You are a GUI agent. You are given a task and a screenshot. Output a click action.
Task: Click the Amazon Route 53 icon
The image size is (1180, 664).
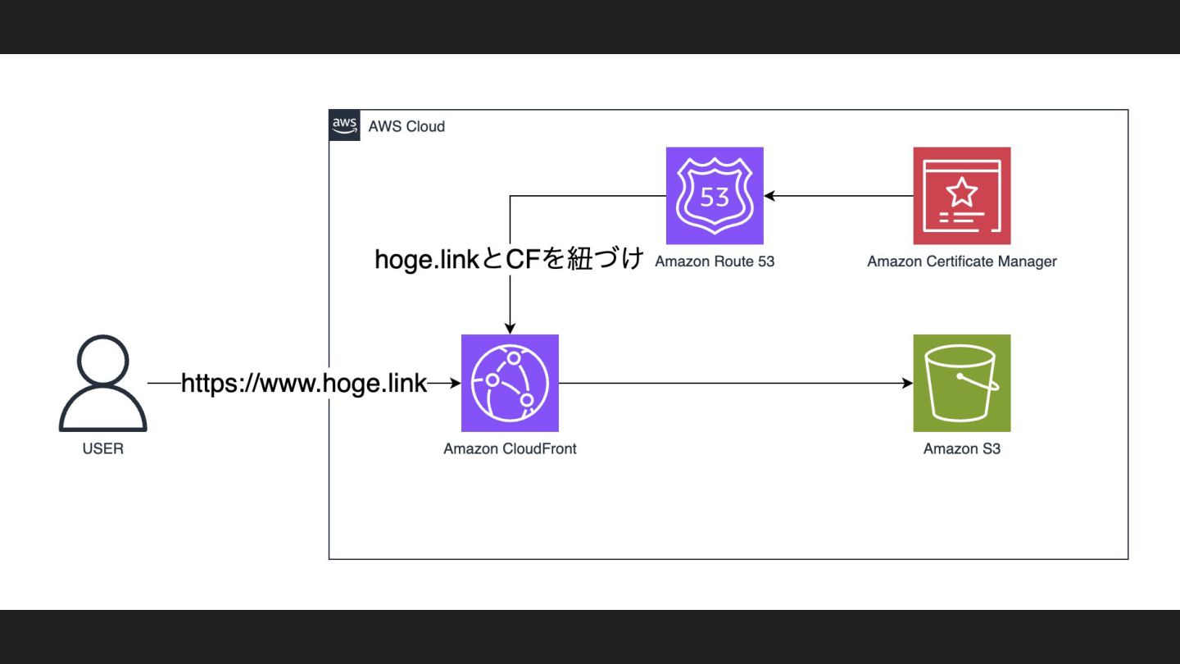pos(715,196)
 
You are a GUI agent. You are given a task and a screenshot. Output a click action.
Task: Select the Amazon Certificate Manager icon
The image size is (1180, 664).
pos(962,196)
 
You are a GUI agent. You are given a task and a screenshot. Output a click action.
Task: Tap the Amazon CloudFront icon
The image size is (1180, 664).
pos(510,383)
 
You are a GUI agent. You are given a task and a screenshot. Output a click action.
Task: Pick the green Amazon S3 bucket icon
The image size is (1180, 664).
pos(962,383)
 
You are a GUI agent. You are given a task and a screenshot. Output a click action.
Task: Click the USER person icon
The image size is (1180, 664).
pos(103,384)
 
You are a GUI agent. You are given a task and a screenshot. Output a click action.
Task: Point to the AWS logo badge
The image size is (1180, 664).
pos(345,125)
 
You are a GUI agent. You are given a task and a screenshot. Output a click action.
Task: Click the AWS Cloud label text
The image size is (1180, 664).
pos(406,126)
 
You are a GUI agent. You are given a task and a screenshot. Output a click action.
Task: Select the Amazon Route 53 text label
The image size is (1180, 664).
pos(715,262)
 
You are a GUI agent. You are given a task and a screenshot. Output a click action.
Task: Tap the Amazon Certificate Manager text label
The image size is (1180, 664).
pos(962,262)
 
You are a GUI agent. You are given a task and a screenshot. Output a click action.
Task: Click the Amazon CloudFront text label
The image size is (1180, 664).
pos(510,448)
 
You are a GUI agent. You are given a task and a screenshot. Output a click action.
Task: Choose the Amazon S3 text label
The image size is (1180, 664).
pos(962,448)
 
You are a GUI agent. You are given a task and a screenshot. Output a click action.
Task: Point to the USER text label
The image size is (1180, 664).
pos(103,448)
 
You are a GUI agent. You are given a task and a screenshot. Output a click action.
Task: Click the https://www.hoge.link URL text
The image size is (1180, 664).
pos(304,383)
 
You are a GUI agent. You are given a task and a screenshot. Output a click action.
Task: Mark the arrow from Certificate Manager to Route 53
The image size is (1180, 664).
pos(839,196)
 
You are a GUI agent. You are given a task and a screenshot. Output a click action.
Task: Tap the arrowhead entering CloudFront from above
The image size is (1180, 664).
pos(510,328)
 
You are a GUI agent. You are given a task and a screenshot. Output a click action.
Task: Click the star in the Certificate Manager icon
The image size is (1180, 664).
pos(962,192)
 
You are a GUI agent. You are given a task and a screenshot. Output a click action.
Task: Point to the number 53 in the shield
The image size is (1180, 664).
pos(715,197)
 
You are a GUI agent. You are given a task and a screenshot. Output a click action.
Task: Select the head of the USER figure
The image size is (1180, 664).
pos(103,361)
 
